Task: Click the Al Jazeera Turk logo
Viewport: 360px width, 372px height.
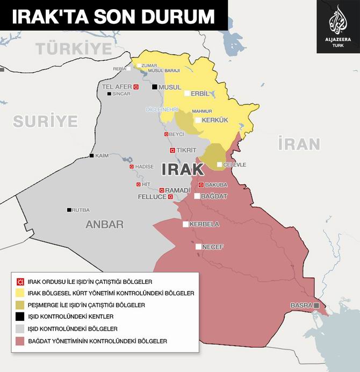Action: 338,26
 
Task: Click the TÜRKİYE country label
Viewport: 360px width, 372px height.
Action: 74,48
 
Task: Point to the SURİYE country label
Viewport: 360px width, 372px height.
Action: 46,121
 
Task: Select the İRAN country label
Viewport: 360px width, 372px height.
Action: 299,144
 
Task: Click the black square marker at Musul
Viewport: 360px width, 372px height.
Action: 155,87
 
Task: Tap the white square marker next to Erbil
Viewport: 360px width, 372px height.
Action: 187,93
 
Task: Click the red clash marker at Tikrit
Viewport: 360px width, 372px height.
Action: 172,150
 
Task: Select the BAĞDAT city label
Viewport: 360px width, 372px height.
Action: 214,196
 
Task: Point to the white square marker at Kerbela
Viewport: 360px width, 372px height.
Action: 186,224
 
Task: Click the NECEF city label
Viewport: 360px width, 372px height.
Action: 213,247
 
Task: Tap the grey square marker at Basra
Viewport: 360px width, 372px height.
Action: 316,305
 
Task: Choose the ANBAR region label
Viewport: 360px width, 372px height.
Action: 104,225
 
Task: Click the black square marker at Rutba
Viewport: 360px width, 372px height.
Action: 69,210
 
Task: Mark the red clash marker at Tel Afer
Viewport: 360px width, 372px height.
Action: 136,87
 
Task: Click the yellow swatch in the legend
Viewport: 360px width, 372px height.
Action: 20,293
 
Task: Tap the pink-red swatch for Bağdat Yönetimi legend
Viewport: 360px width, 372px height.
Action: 20,340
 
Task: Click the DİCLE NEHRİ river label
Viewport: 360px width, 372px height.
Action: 162,109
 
